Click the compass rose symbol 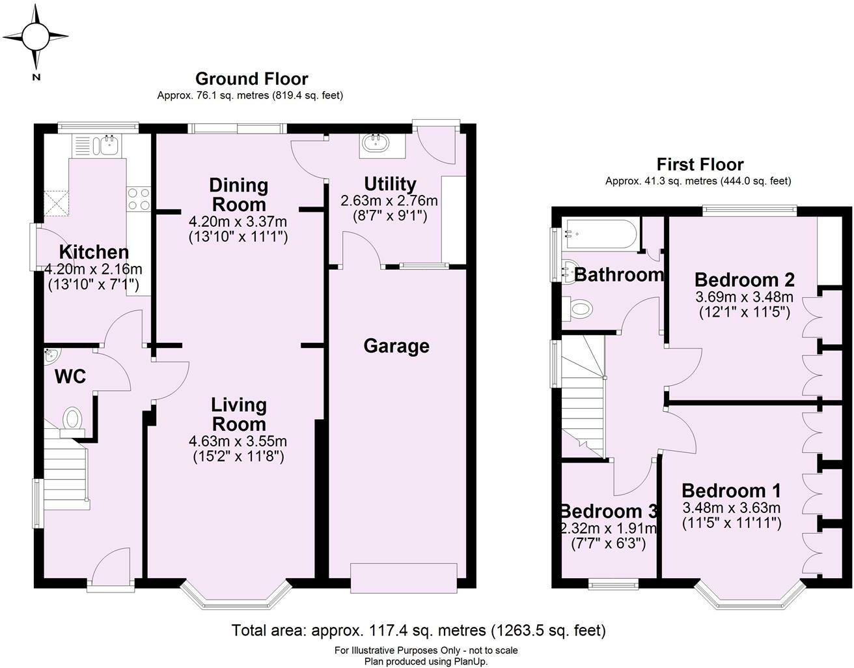[x=35, y=36]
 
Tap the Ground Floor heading [x=251, y=79]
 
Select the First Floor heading [x=699, y=164]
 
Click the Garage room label [x=396, y=346]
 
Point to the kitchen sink [x=107, y=144]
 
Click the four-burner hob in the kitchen [x=139, y=198]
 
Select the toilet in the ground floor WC [x=73, y=420]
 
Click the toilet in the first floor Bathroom [x=578, y=308]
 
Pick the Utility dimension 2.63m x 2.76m [x=389, y=201]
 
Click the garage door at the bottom [x=404, y=578]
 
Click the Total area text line [x=419, y=630]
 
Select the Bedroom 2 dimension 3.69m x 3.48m [x=744, y=297]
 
